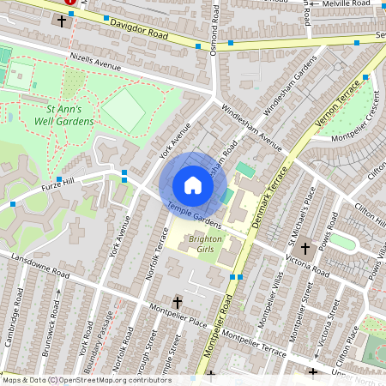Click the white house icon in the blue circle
click(193, 185)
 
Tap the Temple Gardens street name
click(195, 215)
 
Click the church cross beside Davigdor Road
click(61, 21)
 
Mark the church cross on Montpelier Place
click(178, 302)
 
